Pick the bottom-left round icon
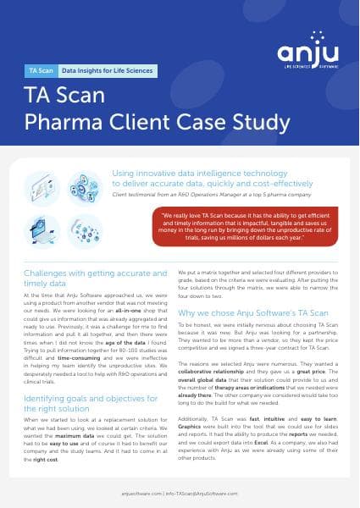42,230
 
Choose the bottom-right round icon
85,230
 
